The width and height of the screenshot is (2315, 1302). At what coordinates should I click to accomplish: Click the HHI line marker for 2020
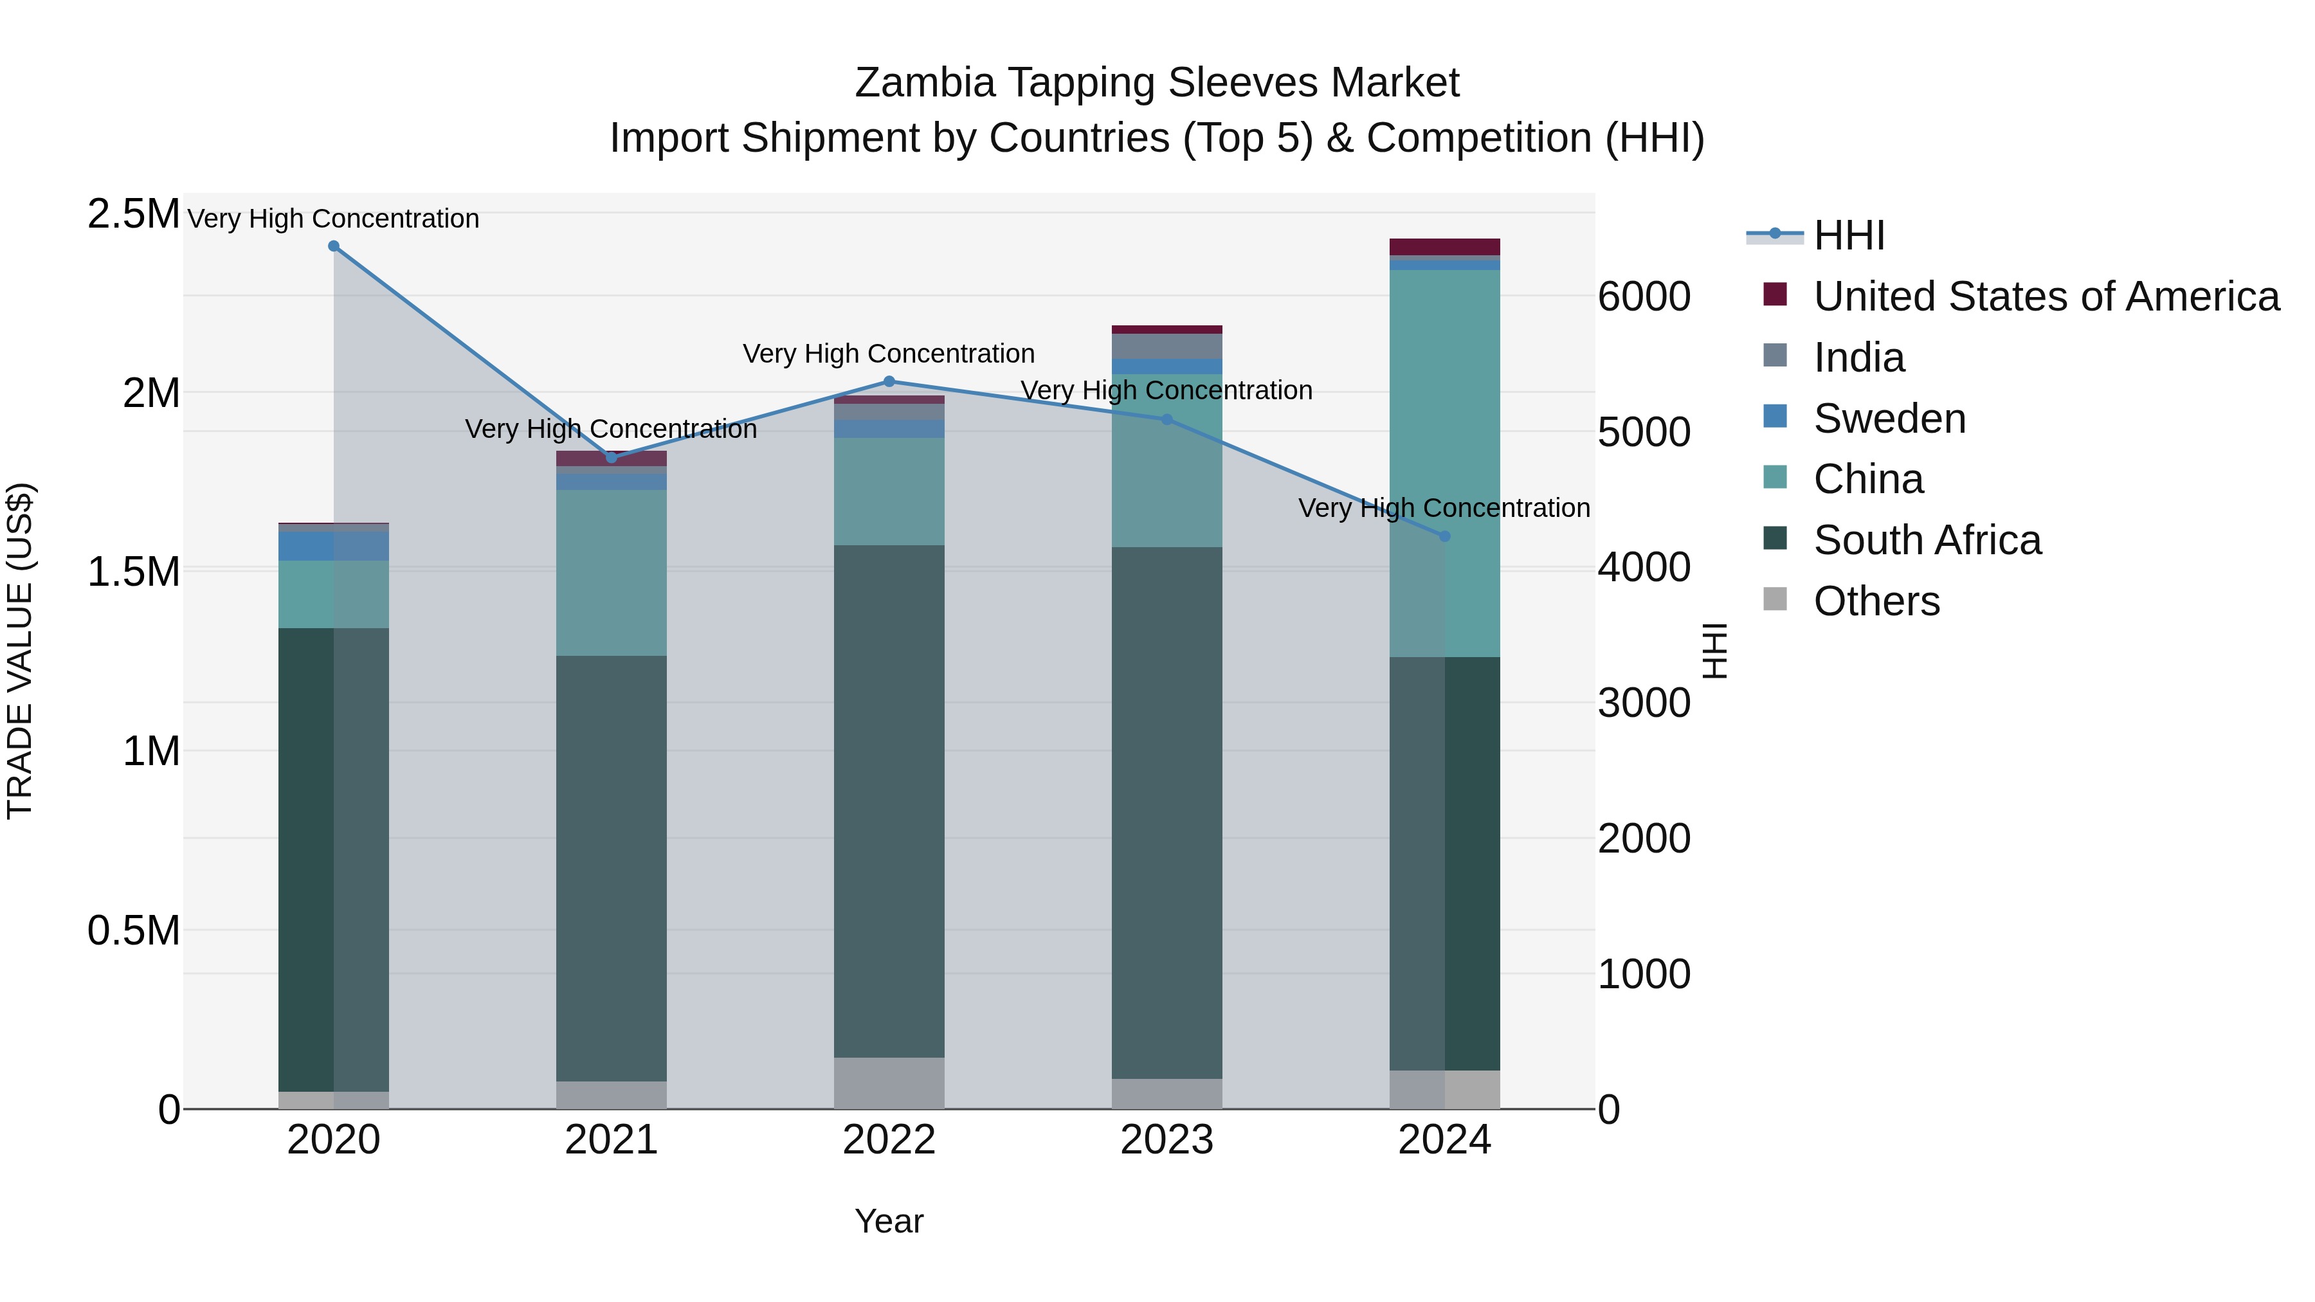click(x=333, y=246)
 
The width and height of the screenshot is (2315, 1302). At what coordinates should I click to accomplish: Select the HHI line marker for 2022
click(x=889, y=381)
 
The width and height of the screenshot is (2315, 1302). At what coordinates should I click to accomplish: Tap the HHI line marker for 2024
click(x=1444, y=536)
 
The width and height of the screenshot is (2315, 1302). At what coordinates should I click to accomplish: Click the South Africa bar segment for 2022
click(x=889, y=800)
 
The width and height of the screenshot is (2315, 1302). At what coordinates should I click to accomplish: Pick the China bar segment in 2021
click(x=611, y=572)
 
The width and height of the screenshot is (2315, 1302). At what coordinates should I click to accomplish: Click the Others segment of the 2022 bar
click(x=889, y=1083)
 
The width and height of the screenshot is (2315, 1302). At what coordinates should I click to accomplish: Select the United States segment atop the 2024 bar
click(x=1444, y=247)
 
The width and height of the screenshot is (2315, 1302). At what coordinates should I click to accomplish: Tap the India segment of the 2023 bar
click(x=1167, y=346)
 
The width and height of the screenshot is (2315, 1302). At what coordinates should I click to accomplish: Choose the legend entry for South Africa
click(x=1926, y=540)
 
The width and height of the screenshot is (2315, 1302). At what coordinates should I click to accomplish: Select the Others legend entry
click(x=1876, y=601)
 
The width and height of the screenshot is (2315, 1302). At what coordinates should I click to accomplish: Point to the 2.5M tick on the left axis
click(x=133, y=214)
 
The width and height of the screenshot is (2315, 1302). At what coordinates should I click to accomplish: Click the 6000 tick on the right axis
click(x=1644, y=296)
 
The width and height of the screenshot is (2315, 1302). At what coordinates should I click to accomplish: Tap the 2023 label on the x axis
click(x=1167, y=1140)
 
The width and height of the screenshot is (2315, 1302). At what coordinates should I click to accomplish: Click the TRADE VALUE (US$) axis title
click(x=20, y=651)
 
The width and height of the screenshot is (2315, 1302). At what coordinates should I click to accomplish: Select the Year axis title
click(x=889, y=1221)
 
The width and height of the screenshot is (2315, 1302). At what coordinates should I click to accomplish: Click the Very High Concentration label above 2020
click(x=333, y=219)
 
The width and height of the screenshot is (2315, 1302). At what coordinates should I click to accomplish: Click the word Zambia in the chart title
click(x=925, y=83)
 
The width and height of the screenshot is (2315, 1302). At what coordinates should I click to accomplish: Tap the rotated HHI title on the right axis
click(x=1714, y=651)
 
